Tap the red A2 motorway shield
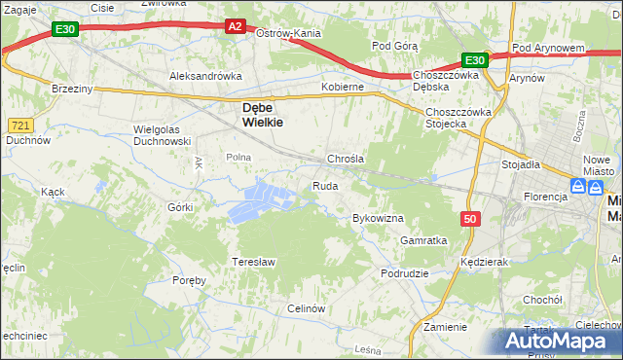(235, 27)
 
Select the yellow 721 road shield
(20, 126)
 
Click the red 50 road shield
(471, 220)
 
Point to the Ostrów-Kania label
(288, 33)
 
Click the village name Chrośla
(346, 159)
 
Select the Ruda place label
(325, 186)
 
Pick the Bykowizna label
(378, 219)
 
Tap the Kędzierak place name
(487, 263)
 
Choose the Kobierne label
(343, 87)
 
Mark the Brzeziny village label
(71, 88)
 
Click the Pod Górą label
(394, 46)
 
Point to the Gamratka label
(423, 240)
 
